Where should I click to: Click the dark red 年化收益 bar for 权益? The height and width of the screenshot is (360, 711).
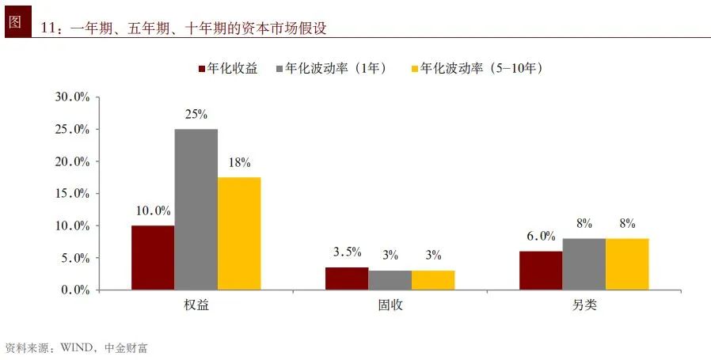[x=153, y=258]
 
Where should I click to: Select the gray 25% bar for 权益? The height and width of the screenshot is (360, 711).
[x=196, y=210]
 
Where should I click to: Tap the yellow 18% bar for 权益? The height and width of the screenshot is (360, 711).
[x=239, y=233]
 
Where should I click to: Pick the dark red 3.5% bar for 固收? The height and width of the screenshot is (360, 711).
[x=347, y=279]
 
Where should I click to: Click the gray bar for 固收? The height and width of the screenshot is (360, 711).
[x=390, y=280]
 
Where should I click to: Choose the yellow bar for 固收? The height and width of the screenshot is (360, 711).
[x=433, y=280]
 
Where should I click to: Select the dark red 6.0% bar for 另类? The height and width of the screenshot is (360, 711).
[x=541, y=271]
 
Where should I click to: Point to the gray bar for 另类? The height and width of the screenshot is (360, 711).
[x=584, y=264]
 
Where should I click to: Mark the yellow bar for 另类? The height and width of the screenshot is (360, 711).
[x=627, y=264]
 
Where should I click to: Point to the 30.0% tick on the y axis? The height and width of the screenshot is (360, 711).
[x=72, y=97]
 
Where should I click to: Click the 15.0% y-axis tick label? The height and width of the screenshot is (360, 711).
[x=72, y=193]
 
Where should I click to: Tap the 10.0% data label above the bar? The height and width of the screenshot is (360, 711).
[x=153, y=210]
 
